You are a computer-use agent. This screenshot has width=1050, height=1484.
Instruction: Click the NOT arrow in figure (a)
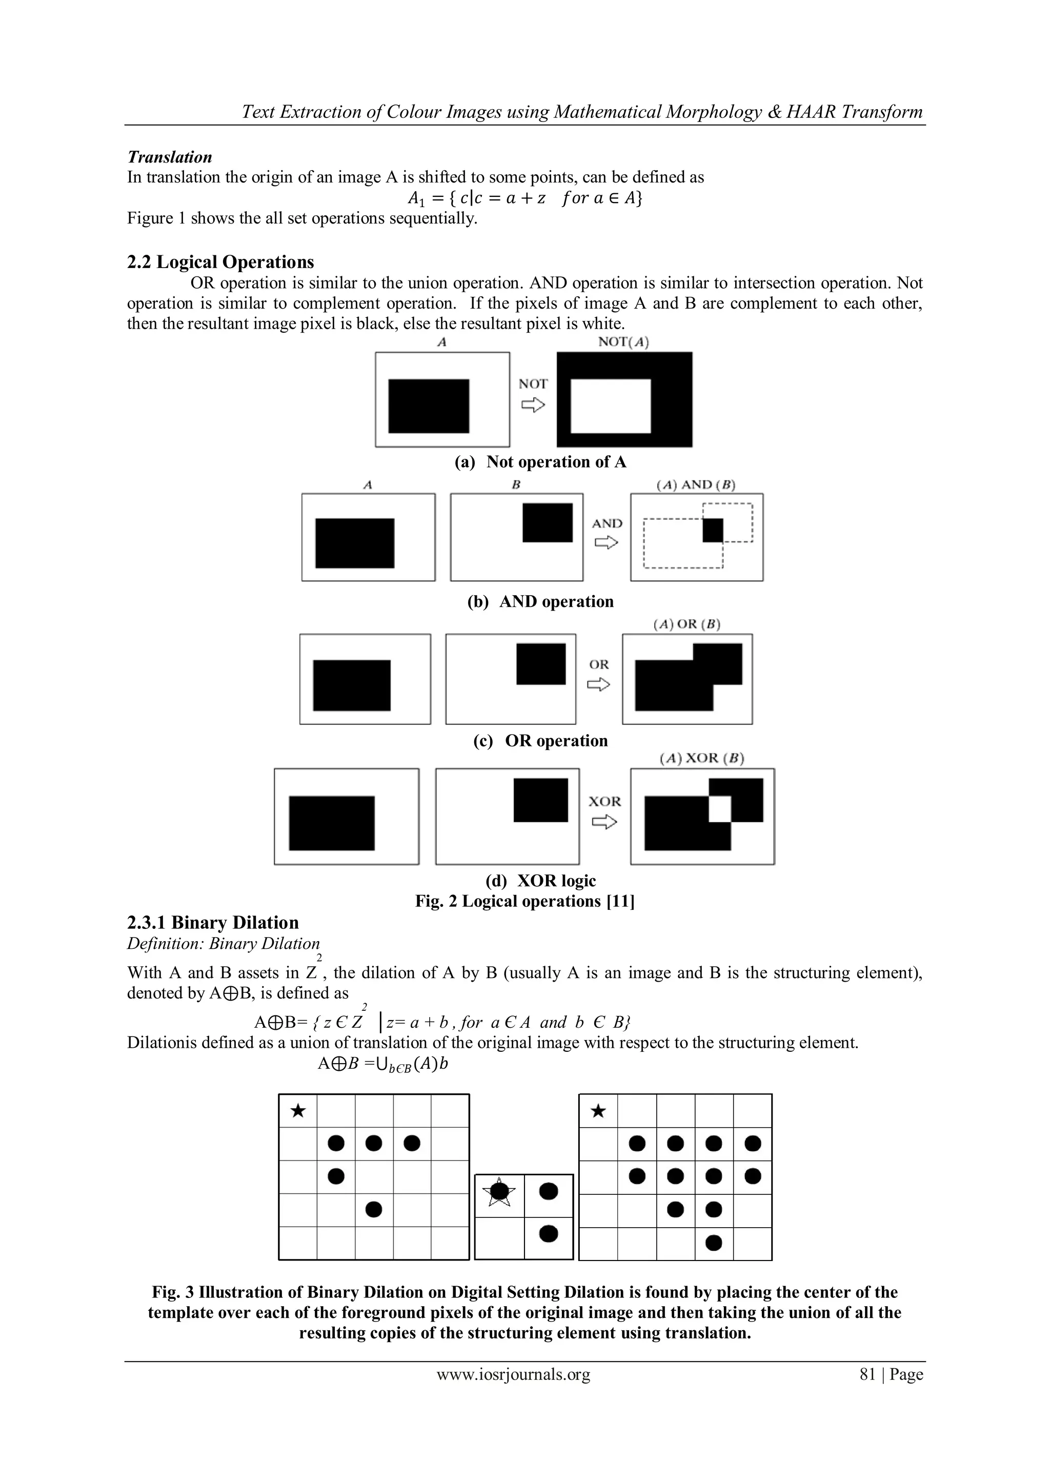pyautogui.click(x=533, y=405)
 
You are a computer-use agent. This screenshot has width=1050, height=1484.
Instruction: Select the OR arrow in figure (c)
pyautogui.click(x=598, y=684)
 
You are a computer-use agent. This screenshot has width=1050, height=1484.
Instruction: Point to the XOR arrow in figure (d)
pyautogui.click(x=604, y=822)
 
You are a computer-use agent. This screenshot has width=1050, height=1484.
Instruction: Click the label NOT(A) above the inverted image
pyautogui.click(x=623, y=342)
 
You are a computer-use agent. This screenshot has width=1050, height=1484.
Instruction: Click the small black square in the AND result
pyautogui.click(x=713, y=530)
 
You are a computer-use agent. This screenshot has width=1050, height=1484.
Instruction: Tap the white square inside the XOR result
pyautogui.click(x=720, y=808)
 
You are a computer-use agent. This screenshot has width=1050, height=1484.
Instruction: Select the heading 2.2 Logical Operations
pyautogui.click(x=220, y=262)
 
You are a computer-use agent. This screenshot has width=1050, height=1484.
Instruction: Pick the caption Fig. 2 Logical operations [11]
pyautogui.click(x=524, y=901)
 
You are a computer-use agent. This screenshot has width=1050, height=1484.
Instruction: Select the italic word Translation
pyautogui.click(x=169, y=157)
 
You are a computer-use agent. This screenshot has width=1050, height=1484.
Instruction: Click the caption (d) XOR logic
pyautogui.click(x=540, y=880)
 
